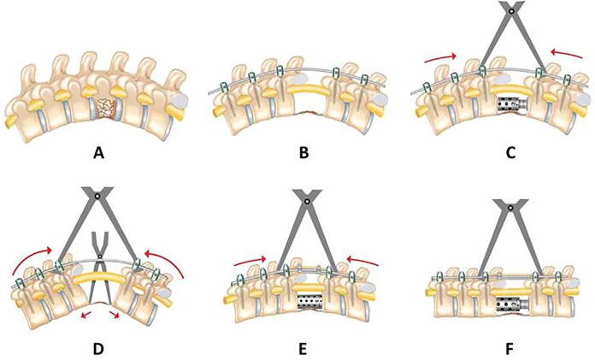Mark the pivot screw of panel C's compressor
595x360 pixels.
pyautogui.click(x=511, y=11)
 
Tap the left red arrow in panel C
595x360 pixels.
pyautogui.click(x=437, y=56)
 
